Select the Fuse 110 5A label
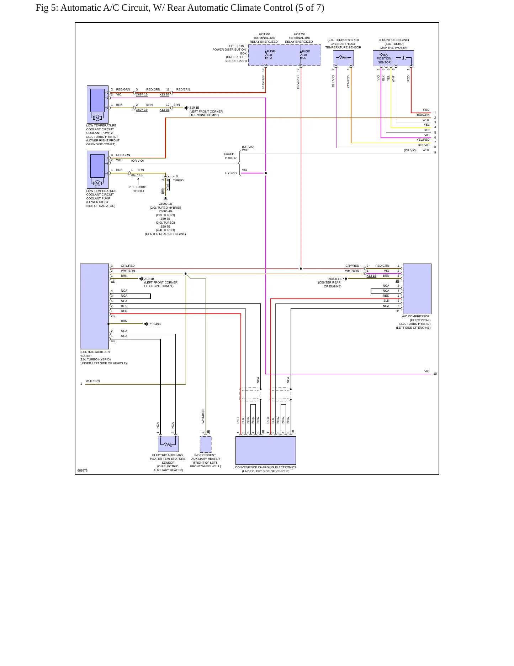click(306, 55)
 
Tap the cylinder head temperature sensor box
click(343, 58)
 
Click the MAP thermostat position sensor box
click(393, 58)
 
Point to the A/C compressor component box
click(417, 289)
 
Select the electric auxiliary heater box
click(94, 306)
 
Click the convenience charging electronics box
click(266, 450)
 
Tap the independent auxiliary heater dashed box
click(206, 444)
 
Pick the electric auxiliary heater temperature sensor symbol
click(168, 444)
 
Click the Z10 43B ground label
click(155, 324)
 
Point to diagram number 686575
click(83, 470)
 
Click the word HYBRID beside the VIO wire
click(231, 173)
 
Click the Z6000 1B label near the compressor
click(335, 279)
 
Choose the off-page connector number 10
click(435, 374)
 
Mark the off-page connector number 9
click(435, 152)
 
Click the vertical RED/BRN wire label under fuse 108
click(263, 82)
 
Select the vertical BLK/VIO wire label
click(333, 81)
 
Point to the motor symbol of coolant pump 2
click(97, 118)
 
